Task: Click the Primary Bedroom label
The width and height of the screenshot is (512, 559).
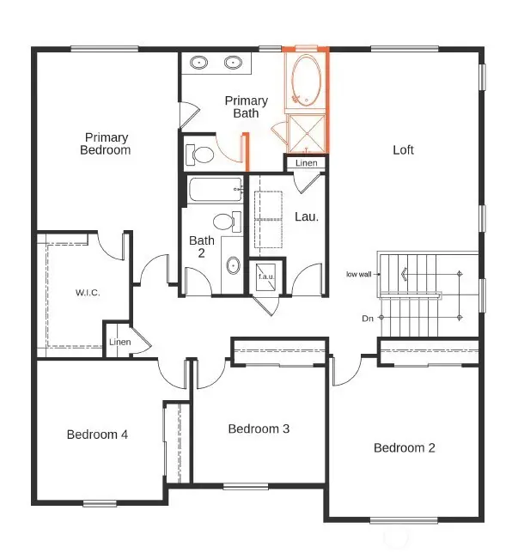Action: (106, 143)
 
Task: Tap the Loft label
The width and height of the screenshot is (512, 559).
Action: (403, 149)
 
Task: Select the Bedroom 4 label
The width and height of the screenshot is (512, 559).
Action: (97, 434)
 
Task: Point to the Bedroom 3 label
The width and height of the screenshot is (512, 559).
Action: (259, 428)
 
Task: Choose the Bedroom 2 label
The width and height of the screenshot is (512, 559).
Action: (405, 447)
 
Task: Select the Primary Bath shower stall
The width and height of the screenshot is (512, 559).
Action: (305, 133)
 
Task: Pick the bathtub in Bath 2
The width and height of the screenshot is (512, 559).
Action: (214, 190)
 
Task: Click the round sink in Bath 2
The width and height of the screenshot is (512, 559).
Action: (233, 265)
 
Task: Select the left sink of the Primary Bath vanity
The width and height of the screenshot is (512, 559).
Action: (199, 62)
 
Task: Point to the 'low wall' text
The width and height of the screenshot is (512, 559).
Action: (358, 275)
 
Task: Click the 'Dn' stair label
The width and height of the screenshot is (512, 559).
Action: (368, 319)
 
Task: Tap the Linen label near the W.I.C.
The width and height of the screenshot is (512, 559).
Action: (119, 342)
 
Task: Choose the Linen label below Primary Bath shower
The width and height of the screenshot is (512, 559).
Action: (306, 163)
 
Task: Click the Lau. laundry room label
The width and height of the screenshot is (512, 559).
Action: (307, 217)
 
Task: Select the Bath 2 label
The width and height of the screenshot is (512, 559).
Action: (202, 246)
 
